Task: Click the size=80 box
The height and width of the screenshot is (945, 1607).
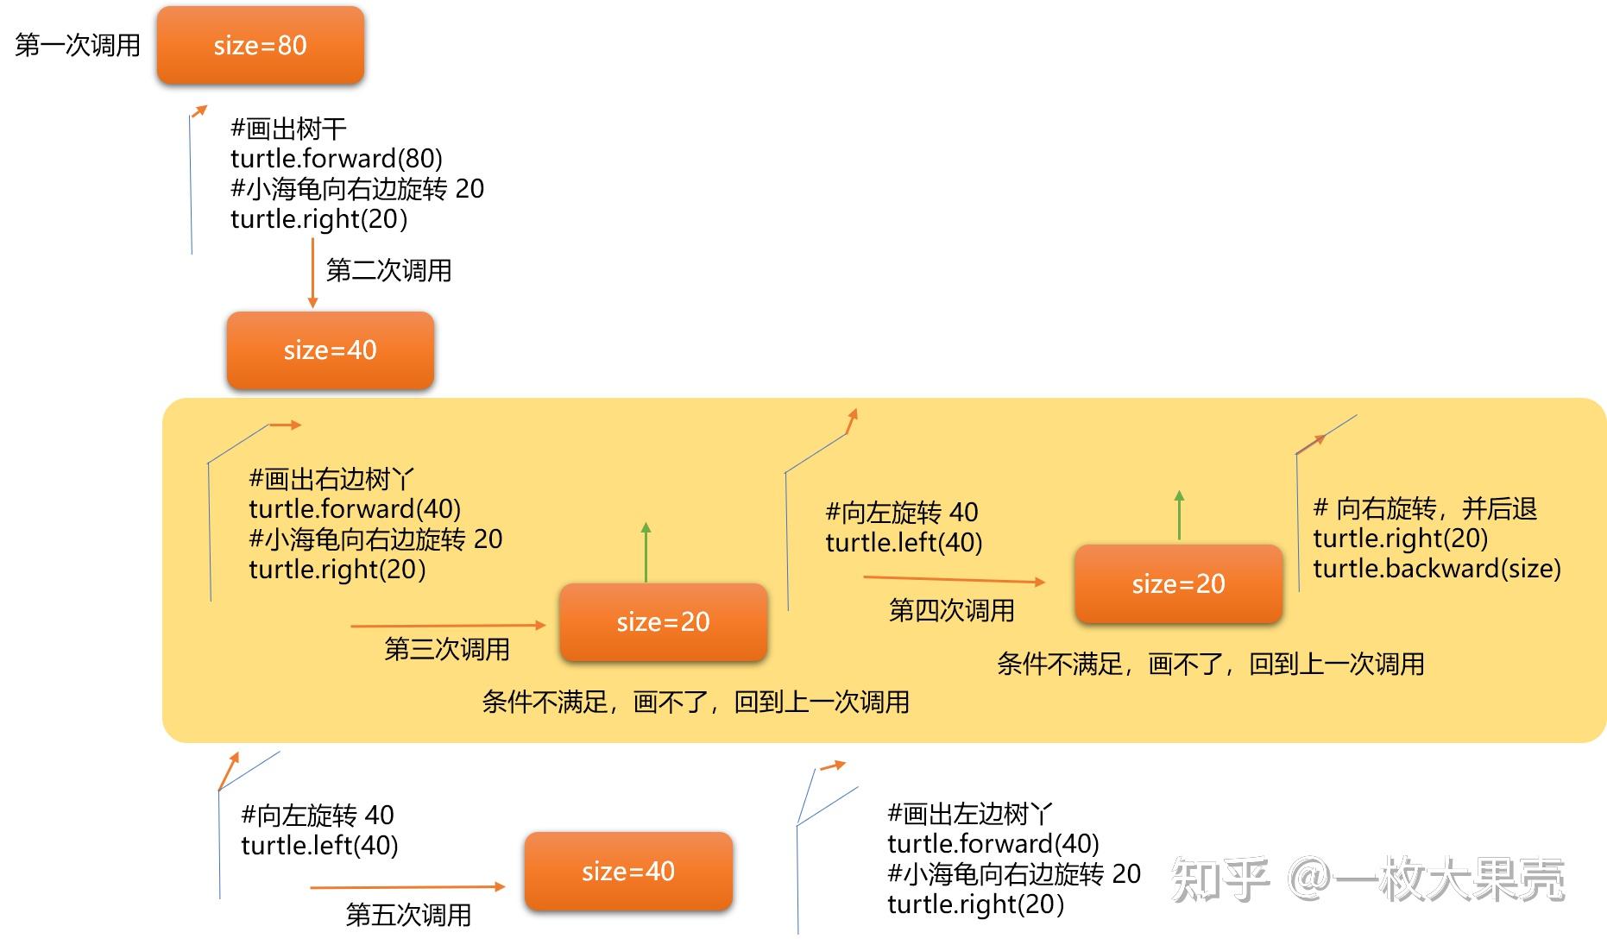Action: (x=261, y=45)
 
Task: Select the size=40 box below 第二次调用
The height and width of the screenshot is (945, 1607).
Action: (x=331, y=350)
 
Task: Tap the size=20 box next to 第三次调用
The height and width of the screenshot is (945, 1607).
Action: (x=664, y=622)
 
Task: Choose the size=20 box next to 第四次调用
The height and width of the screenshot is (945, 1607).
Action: (x=1178, y=584)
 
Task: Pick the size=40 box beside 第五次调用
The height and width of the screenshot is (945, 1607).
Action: (x=628, y=872)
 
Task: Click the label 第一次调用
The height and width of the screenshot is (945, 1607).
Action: (x=78, y=45)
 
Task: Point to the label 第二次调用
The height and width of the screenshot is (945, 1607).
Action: (x=389, y=270)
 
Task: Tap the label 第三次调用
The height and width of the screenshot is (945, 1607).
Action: (x=447, y=649)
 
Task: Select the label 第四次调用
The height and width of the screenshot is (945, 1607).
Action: (x=952, y=610)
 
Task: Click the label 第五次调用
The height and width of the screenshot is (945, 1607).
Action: (x=408, y=915)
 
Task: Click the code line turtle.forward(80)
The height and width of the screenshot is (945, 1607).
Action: (x=337, y=159)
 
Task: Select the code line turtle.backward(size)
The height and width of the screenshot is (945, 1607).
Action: (x=1437, y=569)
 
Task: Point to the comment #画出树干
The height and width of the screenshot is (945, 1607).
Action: (x=288, y=129)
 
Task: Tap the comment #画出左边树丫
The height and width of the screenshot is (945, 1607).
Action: (x=970, y=814)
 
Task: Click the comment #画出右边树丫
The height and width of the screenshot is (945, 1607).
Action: (x=331, y=479)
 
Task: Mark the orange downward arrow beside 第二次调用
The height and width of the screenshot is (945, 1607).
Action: (x=312, y=274)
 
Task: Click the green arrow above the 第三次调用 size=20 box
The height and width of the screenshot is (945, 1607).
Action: (x=646, y=552)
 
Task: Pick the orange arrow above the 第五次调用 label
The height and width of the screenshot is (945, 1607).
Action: (x=407, y=886)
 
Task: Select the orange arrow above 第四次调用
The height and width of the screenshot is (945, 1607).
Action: (x=955, y=580)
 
